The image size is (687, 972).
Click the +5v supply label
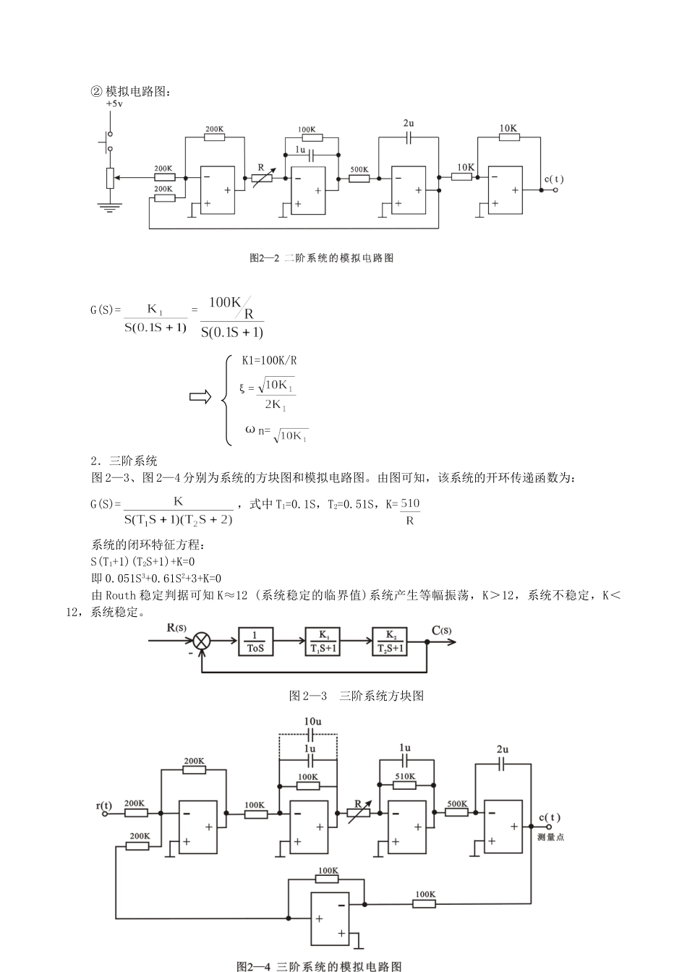(x=114, y=103)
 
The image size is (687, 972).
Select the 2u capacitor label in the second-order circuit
(x=409, y=123)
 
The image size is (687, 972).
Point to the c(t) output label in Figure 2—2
(x=555, y=179)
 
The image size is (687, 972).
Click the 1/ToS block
(x=255, y=641)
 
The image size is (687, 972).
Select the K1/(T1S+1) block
(x=323, y=641)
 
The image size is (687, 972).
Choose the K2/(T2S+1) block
(x=391, y=641)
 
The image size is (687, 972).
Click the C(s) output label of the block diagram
(x=442, y=630)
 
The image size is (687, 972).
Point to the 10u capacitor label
(x=312, y=722)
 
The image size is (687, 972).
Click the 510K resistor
(x=405, y=784)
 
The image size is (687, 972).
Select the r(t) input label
(x=104, y=805)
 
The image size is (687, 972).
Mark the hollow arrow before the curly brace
(x=200, y=397)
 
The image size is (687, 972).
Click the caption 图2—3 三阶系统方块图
(x=356, y=696)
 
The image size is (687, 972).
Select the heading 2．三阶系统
(x=124, y=461)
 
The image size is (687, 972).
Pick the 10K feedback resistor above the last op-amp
(x=509, y=137)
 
